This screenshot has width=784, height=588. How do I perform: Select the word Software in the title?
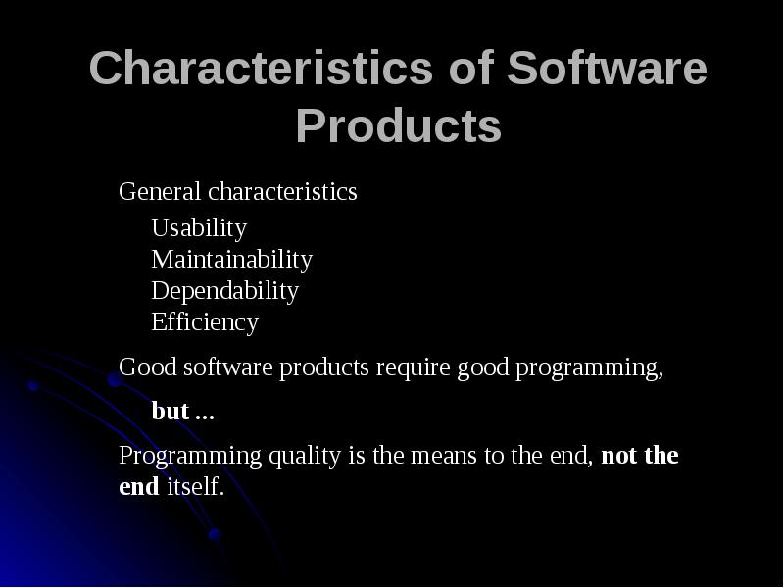608,71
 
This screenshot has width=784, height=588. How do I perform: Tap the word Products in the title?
398,126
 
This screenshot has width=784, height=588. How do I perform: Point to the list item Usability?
199,228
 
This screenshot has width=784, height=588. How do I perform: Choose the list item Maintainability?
231,260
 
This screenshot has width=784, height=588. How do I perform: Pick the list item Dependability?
224,291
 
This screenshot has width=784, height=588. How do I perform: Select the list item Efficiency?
205,322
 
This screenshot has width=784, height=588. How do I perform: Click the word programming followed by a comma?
589,368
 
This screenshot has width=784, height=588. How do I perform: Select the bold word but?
171,412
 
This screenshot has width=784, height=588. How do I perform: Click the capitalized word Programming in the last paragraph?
173,457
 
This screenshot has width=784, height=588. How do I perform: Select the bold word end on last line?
138,486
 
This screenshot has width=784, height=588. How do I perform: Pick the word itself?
194,486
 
